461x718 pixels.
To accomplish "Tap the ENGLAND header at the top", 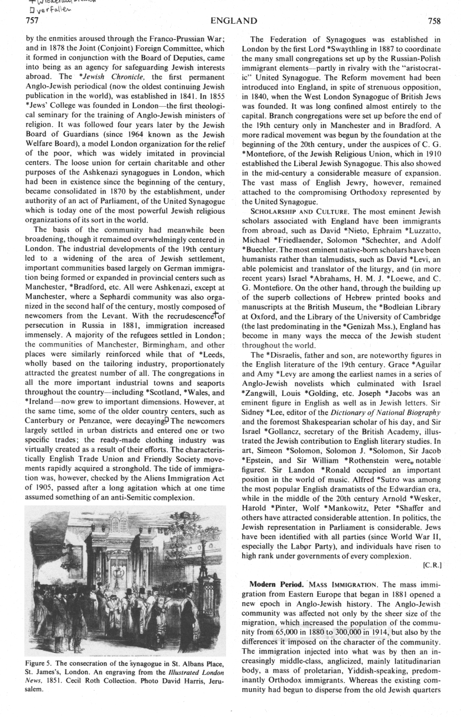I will tap(234, 21).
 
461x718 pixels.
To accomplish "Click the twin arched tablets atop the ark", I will tap(117, 524).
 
